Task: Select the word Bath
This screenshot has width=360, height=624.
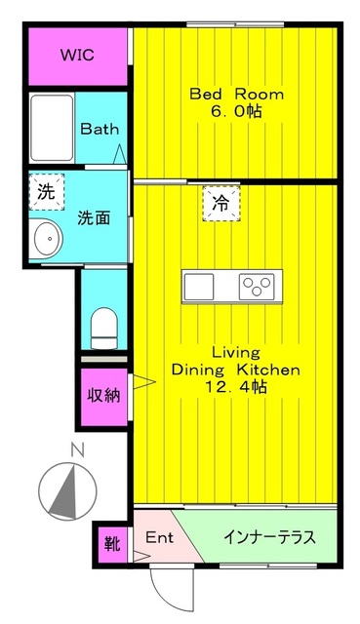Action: click(x=100, y=128)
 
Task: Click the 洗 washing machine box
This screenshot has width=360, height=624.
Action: click(x=46, y=191)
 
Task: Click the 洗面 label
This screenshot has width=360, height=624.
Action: click(x=94, y=217)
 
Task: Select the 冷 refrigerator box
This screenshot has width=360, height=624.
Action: click(x=220, y=204)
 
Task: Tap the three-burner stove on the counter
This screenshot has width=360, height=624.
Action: click(x=258, y=287)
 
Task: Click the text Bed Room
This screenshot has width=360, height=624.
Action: click(x=236, y=95)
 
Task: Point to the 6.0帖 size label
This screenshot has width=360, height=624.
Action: click(x=236, y=112)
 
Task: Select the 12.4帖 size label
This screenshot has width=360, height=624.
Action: click(x=235, y=388)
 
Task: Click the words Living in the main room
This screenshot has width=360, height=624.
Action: click(x=235, y=351)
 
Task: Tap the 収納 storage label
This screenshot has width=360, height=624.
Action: click(x=103, y=396)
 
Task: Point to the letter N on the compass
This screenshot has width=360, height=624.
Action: click(x=77, y=451)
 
